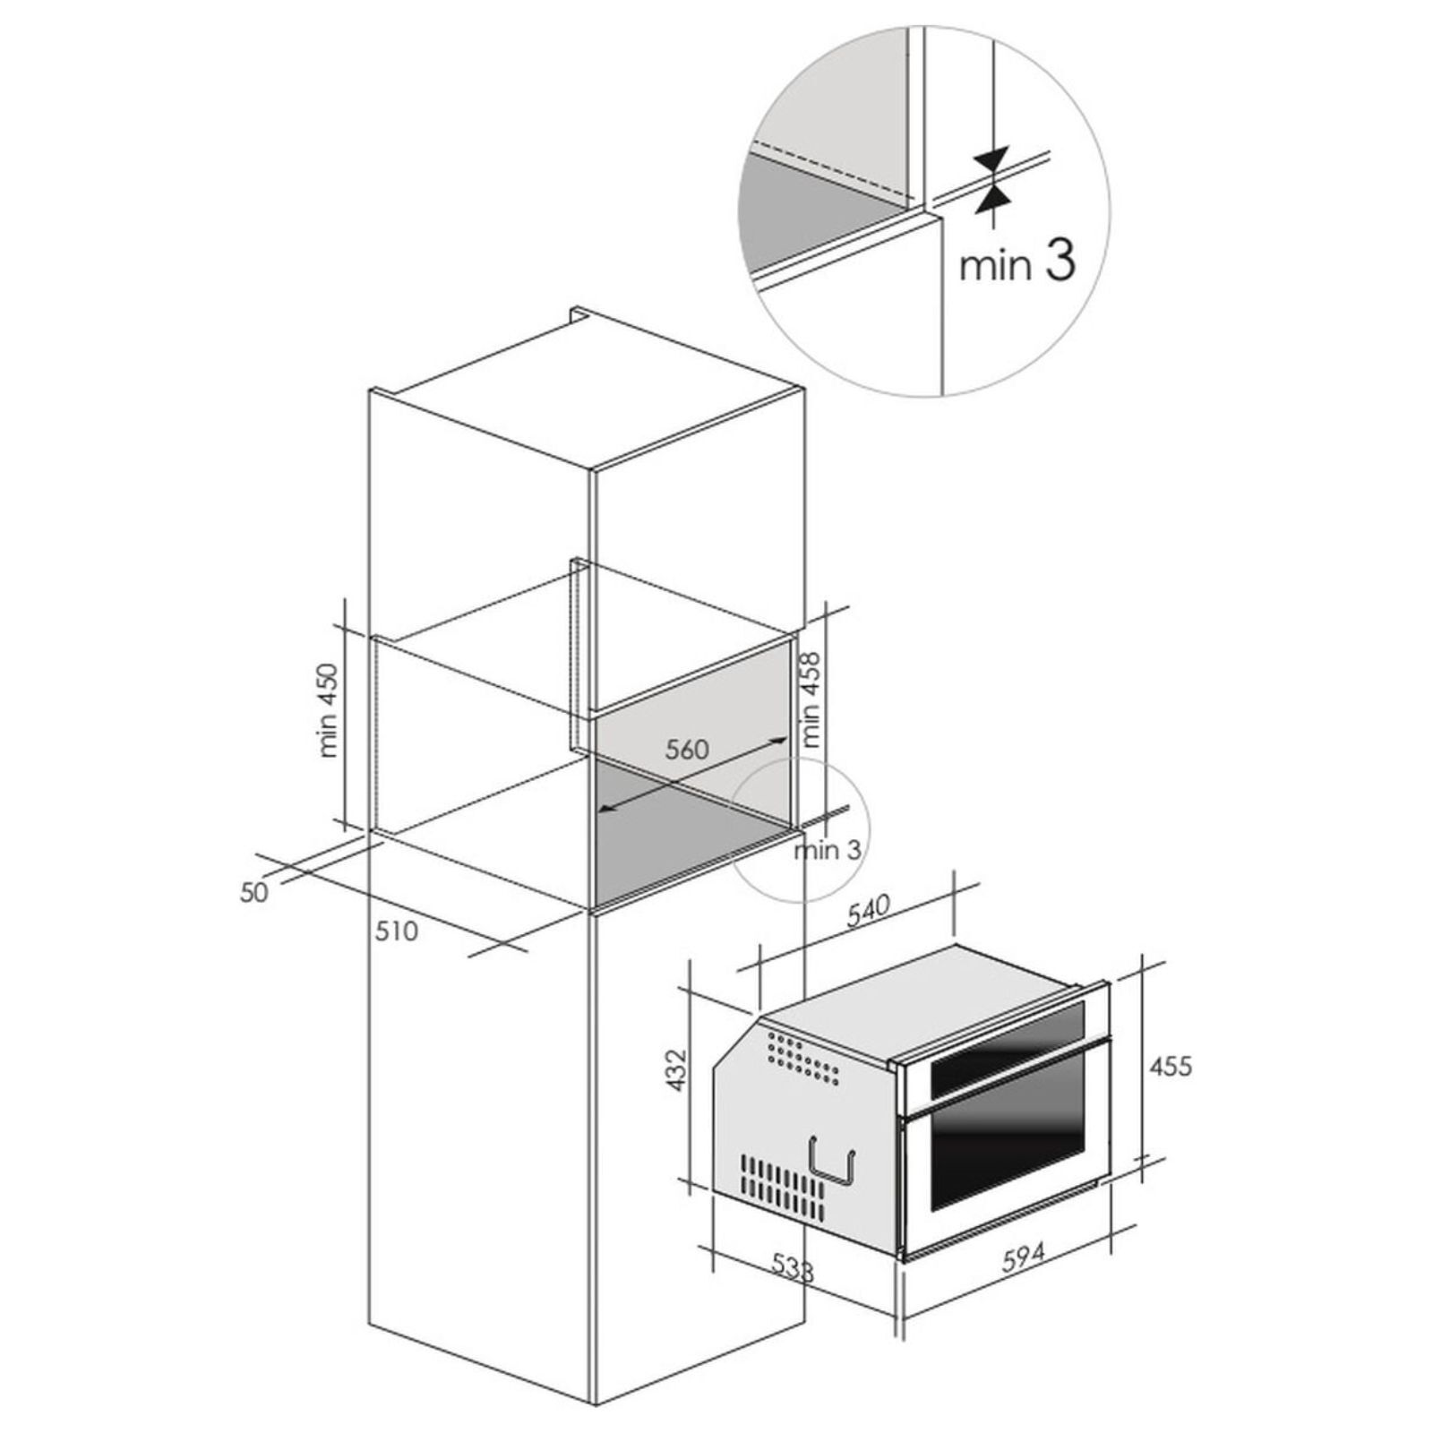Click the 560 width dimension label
(x=687, y=749)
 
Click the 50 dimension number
(x=254, y=892)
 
